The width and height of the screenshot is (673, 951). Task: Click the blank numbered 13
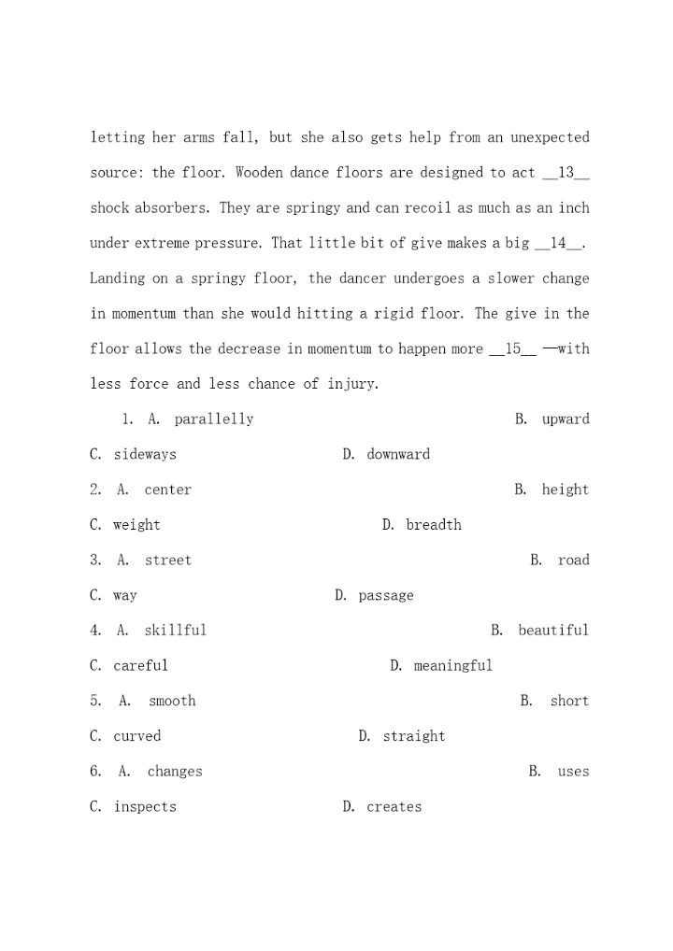566,173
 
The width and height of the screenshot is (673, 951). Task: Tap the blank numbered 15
513,349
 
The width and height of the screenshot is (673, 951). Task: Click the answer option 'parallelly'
213,419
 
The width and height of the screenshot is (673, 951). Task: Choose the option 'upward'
566,419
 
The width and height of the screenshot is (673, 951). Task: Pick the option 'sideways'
145,455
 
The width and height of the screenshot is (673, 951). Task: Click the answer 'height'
566,490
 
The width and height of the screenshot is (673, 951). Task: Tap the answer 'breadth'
434,525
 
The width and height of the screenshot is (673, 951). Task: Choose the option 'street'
167,561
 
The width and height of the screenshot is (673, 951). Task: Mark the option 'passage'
386,596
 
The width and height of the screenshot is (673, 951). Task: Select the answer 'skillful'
175,631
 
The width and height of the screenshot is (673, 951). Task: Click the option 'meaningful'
453,666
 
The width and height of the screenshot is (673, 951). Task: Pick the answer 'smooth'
172,702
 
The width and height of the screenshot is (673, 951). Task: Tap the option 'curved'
137,736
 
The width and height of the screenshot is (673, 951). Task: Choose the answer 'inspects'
145,807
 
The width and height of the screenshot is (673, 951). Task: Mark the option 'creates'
394,807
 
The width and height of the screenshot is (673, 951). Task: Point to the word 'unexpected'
551,138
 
